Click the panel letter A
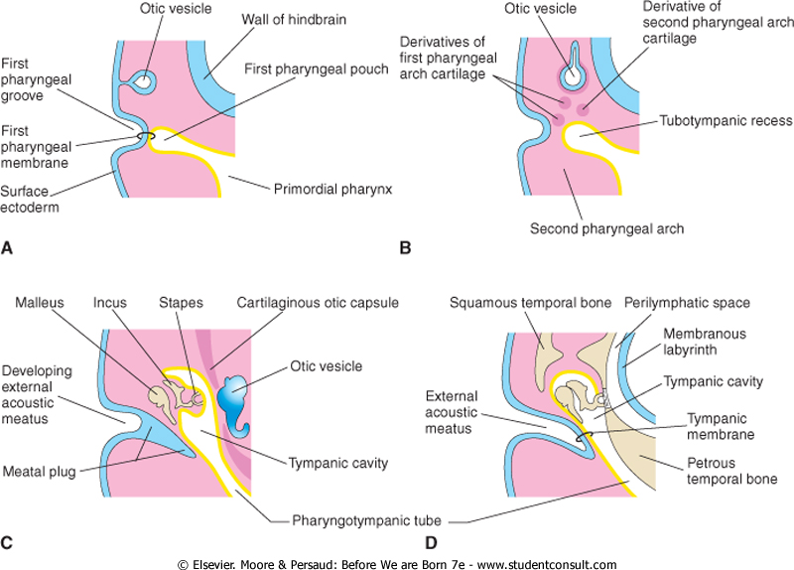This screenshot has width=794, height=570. [x=10, y=249]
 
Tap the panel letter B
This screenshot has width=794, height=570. [x=404, y=249]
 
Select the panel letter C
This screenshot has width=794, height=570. [x=10, y=542]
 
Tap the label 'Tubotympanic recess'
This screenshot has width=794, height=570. [x=718, y=121]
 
